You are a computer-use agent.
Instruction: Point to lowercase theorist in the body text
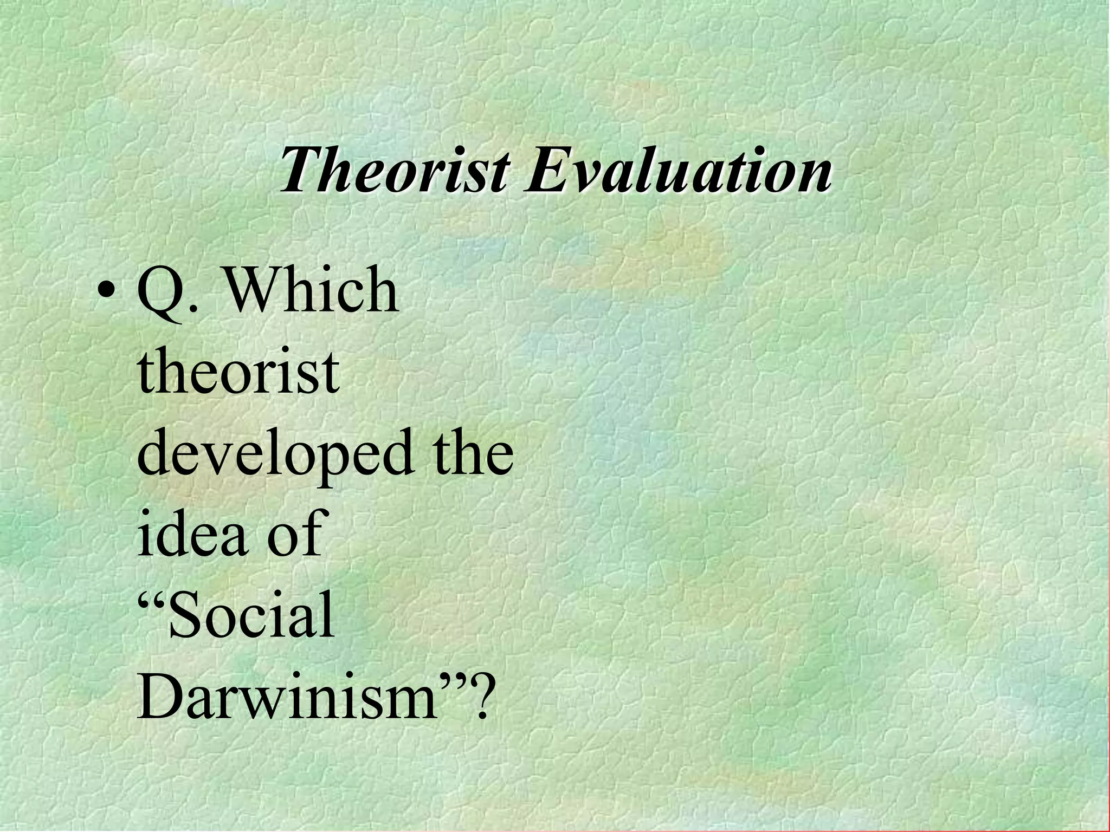[x=238, y=370]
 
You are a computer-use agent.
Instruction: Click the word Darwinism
[x=287, y=695]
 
